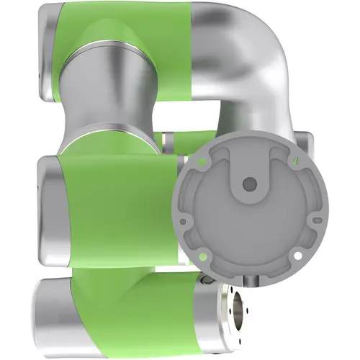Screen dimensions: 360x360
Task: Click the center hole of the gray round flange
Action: [249, 184]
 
